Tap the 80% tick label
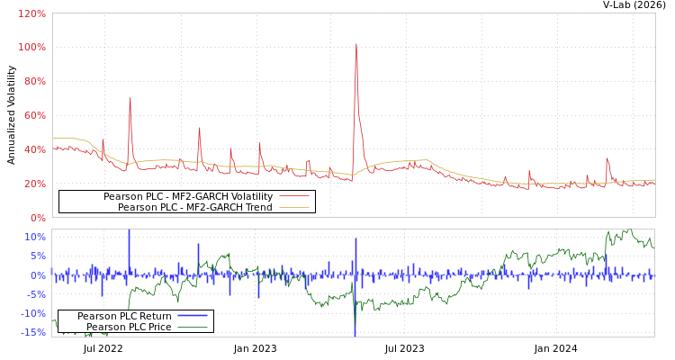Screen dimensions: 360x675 [34, 81]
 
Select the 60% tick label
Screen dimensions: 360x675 [34, 115]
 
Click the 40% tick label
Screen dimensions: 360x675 [34, 149]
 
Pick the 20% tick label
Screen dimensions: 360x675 [34, 184]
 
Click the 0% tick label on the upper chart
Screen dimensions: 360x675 [37, 218]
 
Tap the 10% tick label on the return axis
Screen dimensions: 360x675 [35, 238]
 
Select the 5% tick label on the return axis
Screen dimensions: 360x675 [38, 256]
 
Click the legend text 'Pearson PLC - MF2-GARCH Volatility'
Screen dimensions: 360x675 [187, 196]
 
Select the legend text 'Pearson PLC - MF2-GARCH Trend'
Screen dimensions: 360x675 [194, 207]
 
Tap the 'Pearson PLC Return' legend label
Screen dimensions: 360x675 [124, 316]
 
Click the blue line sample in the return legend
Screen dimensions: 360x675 [193, 316]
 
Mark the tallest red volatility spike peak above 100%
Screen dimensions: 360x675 [356, 44]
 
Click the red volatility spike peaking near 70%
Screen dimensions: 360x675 [130, 98]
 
